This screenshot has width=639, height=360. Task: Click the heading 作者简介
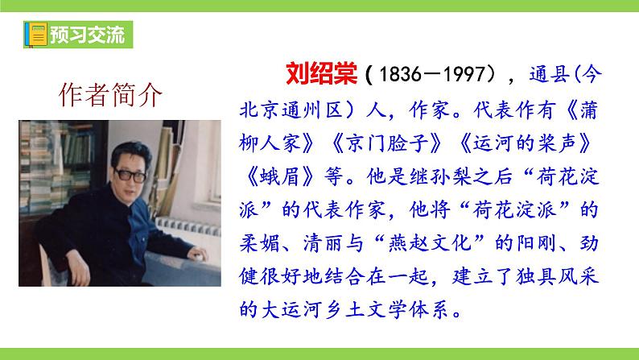pyautogui.click(x=111, y=95)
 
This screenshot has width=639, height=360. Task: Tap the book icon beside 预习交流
pyautogui.click(x=35, y=36)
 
